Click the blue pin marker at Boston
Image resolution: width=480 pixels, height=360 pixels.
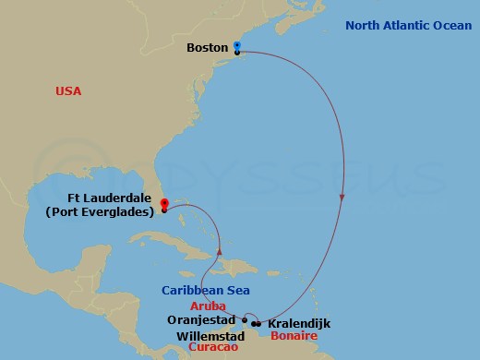[237, 45]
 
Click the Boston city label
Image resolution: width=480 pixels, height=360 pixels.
[208, 47]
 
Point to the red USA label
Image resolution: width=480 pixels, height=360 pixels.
[68, 90]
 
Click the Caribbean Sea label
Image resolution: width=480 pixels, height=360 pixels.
[205, 290]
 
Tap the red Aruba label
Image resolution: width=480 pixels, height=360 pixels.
[209, 306]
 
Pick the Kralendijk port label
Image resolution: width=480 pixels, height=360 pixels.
[298, 324]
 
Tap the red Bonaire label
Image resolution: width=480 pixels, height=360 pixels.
[294, 336]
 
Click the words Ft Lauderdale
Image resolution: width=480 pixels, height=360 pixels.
[104, 197]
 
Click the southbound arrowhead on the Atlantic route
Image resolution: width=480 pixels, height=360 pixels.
[342, 197]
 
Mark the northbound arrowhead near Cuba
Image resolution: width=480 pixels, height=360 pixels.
[221, 250]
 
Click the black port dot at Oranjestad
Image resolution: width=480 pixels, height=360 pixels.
[244, 320]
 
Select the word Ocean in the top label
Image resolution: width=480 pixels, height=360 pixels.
[451, 25]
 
